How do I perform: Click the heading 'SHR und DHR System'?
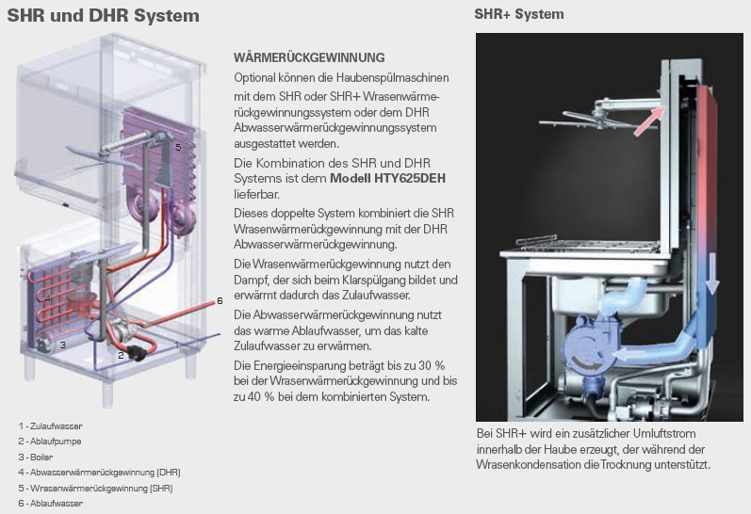[x=104, y=16]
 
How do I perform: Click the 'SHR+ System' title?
[x=519, y=14]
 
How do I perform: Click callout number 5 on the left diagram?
[x=177, y=147]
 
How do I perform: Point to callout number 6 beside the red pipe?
[x=220, y=301]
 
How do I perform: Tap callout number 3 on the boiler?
[x=63, y=345]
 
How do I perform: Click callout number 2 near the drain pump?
[x=121, y=355]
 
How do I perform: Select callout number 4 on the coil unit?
[x=49, y=299]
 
